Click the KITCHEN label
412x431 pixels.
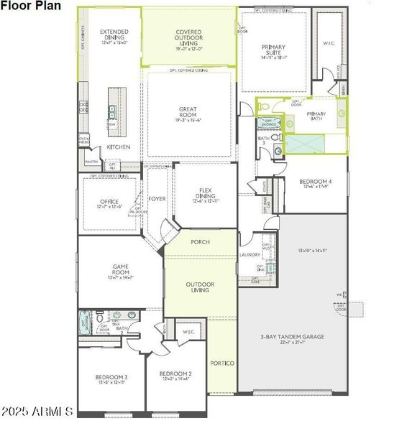[x=119, y=147]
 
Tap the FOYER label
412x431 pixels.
[x=157, y=199]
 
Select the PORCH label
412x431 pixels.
[x=200, y=242]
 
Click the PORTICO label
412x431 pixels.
[x=222, y=363]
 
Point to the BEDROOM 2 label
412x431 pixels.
[x=175, y=374]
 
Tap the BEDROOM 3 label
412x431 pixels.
[x=111, y=377]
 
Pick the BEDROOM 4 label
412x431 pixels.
[x=316, y=182]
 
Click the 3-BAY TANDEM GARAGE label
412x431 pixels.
[x=292, y=336]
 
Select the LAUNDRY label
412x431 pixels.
[x=250, y=254]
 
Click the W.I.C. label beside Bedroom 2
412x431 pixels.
[x=190, y=331]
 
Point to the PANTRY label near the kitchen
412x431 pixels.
[x=91, y=162]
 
